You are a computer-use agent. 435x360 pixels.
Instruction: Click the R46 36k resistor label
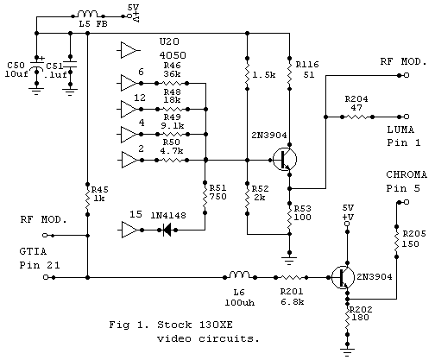tap(173, 70)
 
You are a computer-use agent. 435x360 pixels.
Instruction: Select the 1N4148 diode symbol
tap(166, 230)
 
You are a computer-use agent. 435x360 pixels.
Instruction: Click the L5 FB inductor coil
tap(88, 16)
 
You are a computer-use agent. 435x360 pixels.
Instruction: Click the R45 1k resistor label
tap(101, 194)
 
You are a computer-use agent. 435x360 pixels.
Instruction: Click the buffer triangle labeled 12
tap(129, 109)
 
